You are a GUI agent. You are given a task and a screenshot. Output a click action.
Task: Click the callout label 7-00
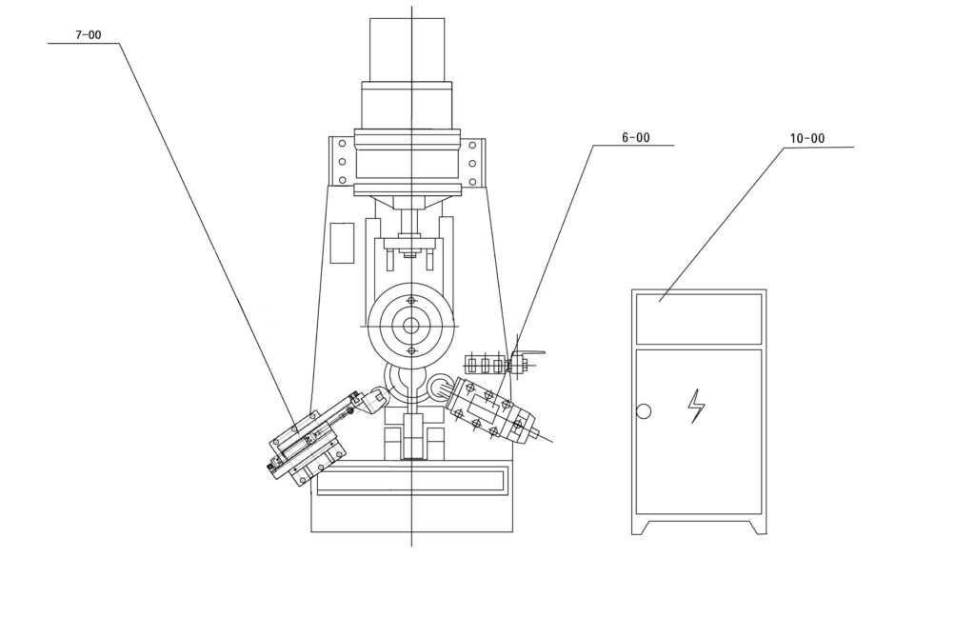pyautogui.click(x=89, y=35)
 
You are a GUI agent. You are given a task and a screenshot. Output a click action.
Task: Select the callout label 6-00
pyautogui.click(x=635, y=137)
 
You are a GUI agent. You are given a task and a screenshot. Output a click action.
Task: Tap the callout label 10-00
pyautogui.click(x=807, y=138)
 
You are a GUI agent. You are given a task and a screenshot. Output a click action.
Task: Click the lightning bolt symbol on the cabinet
pyautogui.click(x=696, y=407)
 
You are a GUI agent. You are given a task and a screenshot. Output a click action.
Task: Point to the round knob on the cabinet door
pyautogui.click(x=644, y=411)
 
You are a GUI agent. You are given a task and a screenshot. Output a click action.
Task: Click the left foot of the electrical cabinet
pyautogui.click(x=641, y=527)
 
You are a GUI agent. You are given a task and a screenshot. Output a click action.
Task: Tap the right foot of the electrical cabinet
pyautogui.click(x=757, y=527)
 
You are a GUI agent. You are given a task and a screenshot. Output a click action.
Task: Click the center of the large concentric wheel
pyautogui.click(x=410, y=326)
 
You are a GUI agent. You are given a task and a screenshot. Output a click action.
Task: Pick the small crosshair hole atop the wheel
pyautogui.click(x=410, y=301)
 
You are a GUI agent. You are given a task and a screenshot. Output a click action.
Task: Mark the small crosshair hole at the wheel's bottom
pyautogui.click(x=410, y=351)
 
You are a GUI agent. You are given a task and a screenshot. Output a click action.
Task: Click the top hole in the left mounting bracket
pyautogui.click(x=342, y=145)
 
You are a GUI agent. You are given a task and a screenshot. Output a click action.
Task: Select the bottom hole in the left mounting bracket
pyautogui.click(x=342, y=181)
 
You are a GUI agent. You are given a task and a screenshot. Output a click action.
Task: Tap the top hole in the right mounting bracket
pyautogui.click(x=472, y=146)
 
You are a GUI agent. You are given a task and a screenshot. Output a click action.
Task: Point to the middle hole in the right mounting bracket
pyautogui.click(x=472, y=164)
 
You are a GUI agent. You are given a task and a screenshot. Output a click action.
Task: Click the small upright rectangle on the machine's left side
pyautogui.click(x=342, y=243)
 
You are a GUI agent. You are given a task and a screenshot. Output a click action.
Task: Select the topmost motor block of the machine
pyautogui.click(x=408, y=50)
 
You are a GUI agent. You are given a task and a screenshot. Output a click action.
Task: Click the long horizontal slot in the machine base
pyautogui.click(x=411, y=483)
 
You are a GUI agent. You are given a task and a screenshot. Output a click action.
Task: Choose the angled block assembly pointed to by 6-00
pyautogui.click(x=491, y=410)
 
